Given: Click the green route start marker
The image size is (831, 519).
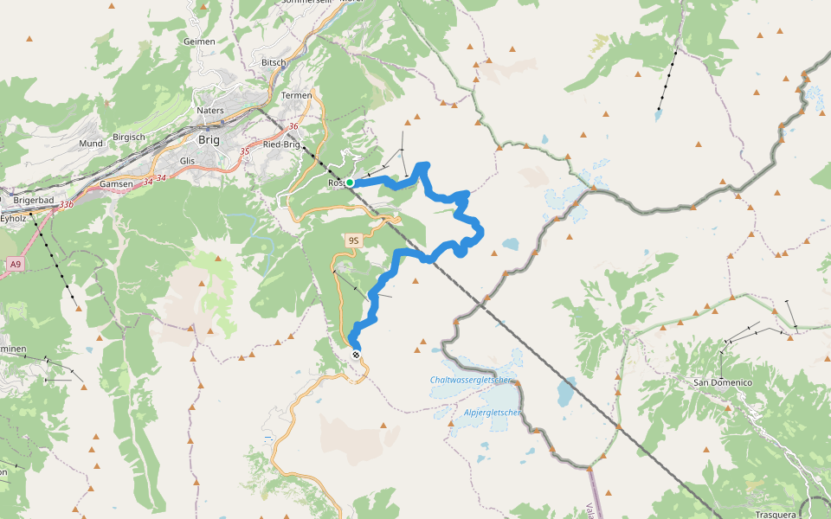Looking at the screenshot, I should [350, 183].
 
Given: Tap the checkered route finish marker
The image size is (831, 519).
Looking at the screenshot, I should [356, 354].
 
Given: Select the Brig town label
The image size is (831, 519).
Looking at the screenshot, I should [209, 139].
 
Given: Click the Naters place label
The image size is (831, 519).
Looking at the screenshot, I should [210, 111].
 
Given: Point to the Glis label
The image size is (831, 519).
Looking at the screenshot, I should [187, 161].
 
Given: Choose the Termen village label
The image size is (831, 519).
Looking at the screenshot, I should [296, 94].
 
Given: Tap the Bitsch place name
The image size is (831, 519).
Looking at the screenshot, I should [273, 63].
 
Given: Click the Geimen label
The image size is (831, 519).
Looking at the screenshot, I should [199, 42].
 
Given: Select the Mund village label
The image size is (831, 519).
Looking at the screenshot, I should [91, 143].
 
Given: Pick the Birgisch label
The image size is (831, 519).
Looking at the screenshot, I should [129, 138].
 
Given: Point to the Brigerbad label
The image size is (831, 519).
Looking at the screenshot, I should [34, 200].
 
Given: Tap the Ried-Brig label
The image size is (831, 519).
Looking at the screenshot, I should [281, 144].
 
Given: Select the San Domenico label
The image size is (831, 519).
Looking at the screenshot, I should [723, 382].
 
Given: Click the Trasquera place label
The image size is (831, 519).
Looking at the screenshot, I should [775, 515].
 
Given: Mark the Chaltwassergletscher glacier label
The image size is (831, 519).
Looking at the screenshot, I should [472, 381].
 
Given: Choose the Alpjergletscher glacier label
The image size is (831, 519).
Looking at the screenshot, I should [493, 413].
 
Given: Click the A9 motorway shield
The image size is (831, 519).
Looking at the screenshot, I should [15, 263].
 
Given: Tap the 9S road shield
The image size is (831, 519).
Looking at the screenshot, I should [353, 240].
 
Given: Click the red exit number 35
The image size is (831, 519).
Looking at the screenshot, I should [245, 152].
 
